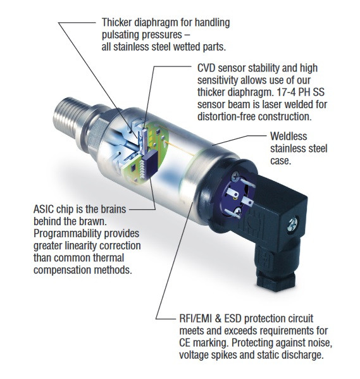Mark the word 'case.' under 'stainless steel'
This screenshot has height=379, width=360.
click(x=281, y=161)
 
